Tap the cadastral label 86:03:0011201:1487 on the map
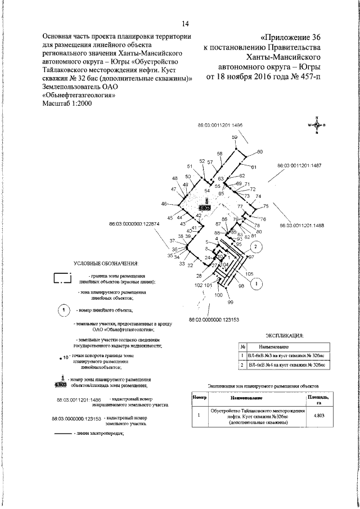click(x=299, y=166)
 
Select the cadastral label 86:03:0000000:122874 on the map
click(x=135, y=224)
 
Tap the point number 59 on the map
click(x=235, y=137)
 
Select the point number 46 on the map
click(x=164, y=204)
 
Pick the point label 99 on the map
click(x=230, y=303)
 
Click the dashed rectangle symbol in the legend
click(x=62, y=278)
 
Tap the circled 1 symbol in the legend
click(x=65, y=310)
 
